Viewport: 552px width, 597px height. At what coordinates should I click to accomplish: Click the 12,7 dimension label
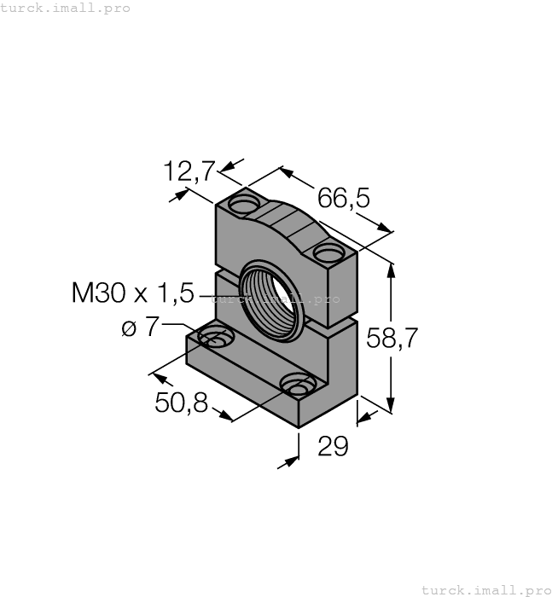click(189, 171)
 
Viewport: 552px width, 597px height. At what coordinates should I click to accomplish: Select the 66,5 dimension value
click(344, 198)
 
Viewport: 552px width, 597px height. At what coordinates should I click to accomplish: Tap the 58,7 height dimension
click(392, 338)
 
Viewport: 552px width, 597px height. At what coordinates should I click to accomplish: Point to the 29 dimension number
click(333, 446)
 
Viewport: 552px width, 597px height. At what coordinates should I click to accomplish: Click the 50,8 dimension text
click(181, 403)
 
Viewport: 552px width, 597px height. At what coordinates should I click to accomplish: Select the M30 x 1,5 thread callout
click(132, 293)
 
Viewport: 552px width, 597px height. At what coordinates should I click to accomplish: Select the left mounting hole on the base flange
click(216, 339)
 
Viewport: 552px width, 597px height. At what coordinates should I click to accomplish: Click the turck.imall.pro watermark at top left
click(66, 8)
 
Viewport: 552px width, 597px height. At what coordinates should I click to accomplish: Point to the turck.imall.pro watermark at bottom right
click(486, 589)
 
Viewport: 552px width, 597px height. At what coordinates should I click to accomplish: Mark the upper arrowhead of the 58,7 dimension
click(392, 269)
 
